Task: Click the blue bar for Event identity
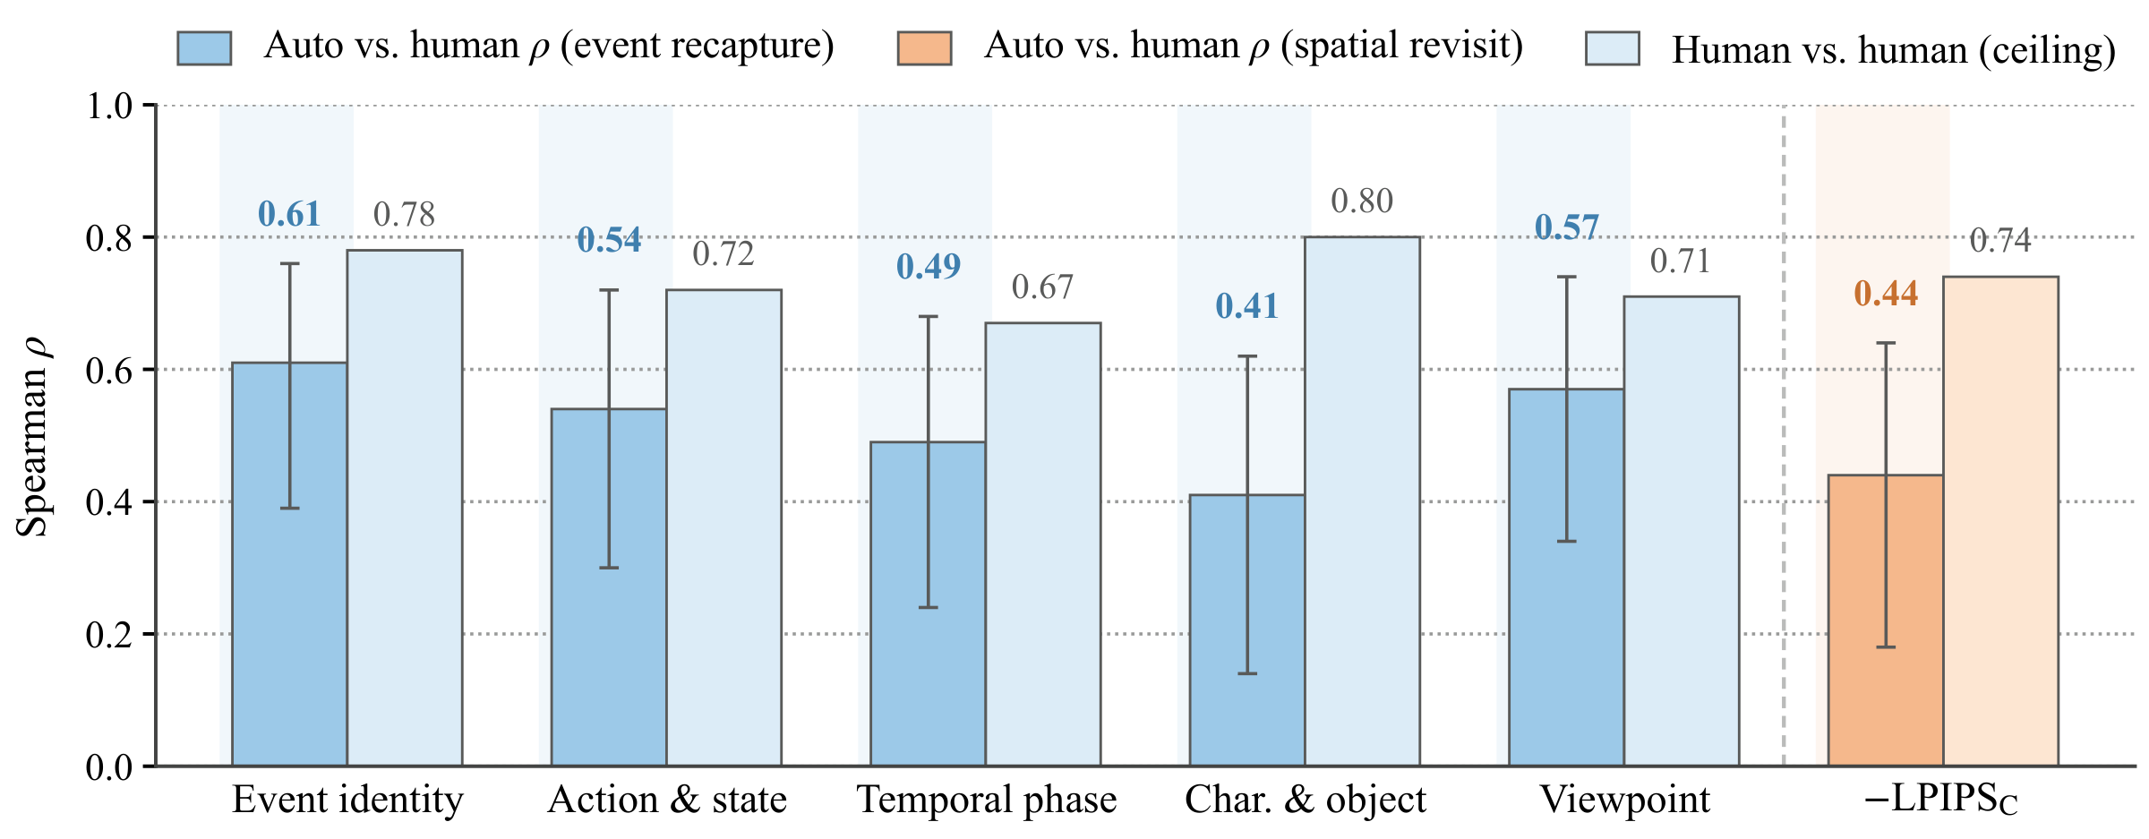pyautogui.click(x=289, y=564)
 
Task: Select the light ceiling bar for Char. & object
pyautogui.click(x=1362, y=501)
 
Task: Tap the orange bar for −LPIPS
pyautogui.click(x=1886, y=621)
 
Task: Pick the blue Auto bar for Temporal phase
pyautogui.click(x=928, y=604)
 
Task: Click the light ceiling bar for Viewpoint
pyautogui.click(x=1682, y=531)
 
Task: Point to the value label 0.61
pyautogui.click(x=289, y=214)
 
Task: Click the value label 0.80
pyautogui.click(x=1362, y=201)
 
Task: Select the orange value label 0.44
pyautogui.click(x=1886, y=294)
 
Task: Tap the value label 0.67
pyautogui.click(x=1042, y=287)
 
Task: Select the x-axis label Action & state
pyautogui.click(x=667, y=800)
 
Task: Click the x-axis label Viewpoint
pyautogui.click(x=1624, y=800)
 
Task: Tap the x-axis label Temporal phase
pyautogui.click(x=987, y=800)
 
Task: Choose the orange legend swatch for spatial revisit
pyautogui.click(x=924, y=48)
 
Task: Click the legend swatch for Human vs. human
pyautogui.click(x=1612, y=48)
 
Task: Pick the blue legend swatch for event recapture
pyautogui.click(x=204, y=48)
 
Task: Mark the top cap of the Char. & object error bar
pyautogui.click(x=1247, y=356)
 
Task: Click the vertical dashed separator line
pyautogui.click(x=1784, y=436)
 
